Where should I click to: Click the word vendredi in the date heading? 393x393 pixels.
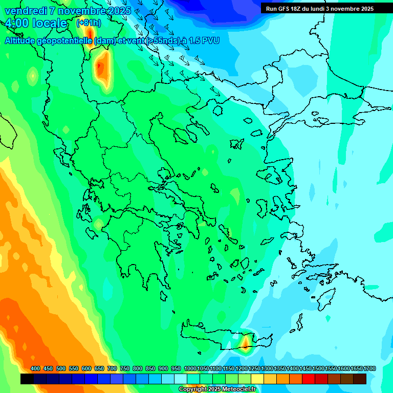pos(26,10)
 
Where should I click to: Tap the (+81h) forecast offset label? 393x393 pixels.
pos(88,23)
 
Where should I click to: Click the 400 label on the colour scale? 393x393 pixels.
pos(35,368)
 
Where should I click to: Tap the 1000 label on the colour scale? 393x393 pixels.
pos(190,368)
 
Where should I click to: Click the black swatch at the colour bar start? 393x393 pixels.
pos(27,379)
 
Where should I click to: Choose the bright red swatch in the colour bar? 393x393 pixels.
pos(309,379)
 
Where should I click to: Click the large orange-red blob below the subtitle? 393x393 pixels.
pos(102,67)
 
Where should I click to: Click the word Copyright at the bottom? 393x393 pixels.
pos(190,389)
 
